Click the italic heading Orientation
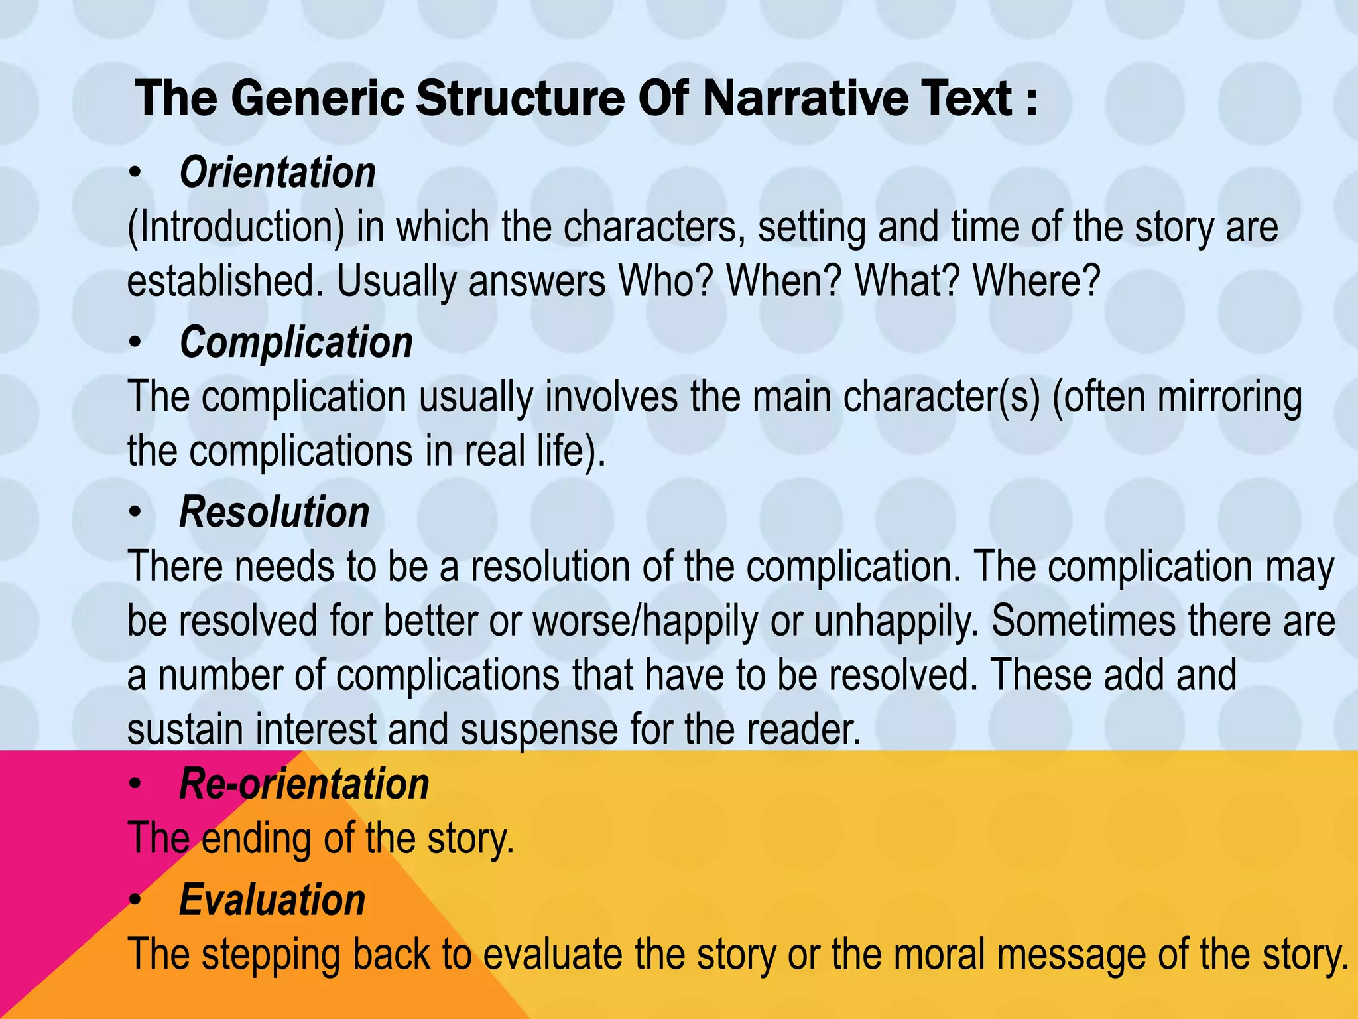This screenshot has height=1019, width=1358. tap(277, 172)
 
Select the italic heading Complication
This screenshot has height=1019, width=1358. tap(296, 342)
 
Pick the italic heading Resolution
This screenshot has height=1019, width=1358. tap(274, 512)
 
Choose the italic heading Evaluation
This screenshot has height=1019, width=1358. tap(272, 900)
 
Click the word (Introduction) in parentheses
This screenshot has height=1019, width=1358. tap(236, 227)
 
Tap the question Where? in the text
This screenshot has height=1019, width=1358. tap(1036, 281)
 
